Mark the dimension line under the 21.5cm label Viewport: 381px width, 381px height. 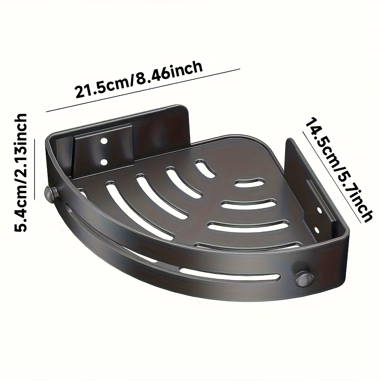(143, 90)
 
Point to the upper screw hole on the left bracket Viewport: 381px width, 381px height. (104, 141)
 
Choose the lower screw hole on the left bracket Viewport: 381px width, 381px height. (104, 162)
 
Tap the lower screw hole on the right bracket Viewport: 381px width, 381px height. (316, 230)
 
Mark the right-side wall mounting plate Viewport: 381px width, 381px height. (301, 179)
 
